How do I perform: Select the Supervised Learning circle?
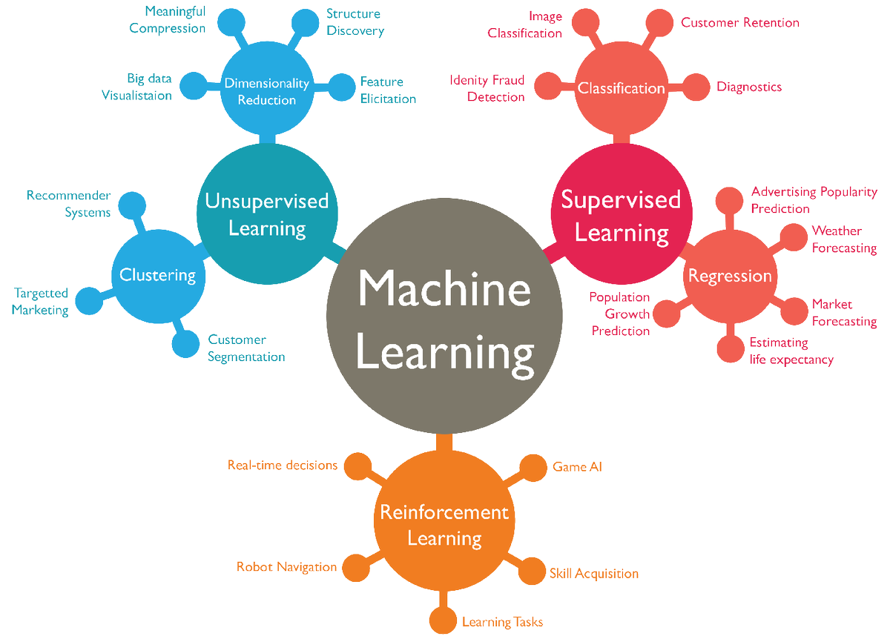[x=622, y=214]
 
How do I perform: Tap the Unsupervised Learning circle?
[x=267, y=214]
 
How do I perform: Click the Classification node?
[x=622, y=88]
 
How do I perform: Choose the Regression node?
[x=731, y=276]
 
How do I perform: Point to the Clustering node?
[x=158, y=276]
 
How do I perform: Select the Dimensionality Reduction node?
[x=267, y=90]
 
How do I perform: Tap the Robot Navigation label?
[x=286, y=567]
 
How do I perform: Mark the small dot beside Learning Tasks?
[x=444, y=619]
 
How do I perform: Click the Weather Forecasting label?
[x=844, y=239]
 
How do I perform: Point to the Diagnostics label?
[x=749, y=87]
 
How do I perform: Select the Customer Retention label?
[x=740, y=22]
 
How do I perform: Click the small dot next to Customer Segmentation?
[x=185, y=343]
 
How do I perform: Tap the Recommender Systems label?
[x=69, y=204]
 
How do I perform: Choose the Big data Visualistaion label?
[x=136, y=87]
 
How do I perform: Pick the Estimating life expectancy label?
[x=791, y=351]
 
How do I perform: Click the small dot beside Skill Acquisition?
[x=530, y=572]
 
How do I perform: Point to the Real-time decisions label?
[x=283, y=466]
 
